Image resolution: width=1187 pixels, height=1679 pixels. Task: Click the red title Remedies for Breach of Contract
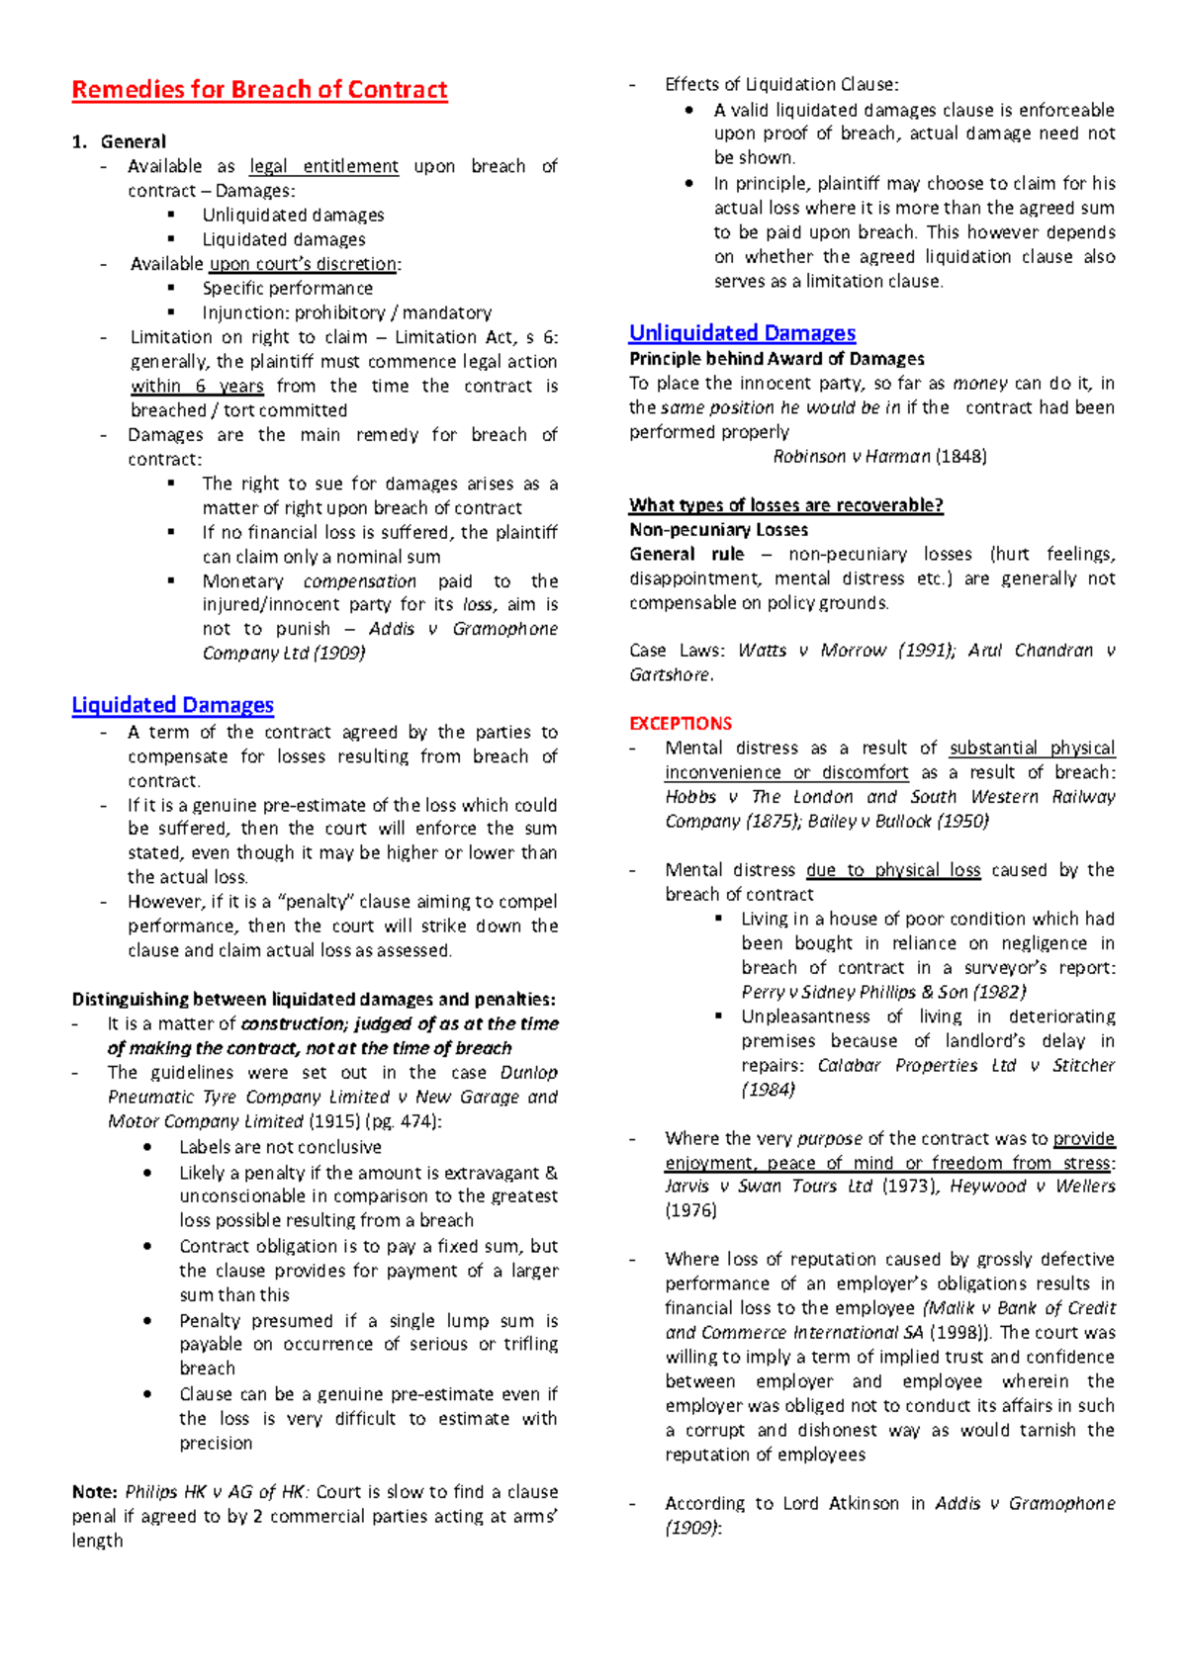[x=259, y=90]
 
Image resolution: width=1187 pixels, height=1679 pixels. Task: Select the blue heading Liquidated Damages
[x=172, y=705]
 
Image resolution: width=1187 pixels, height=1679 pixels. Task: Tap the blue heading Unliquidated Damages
[x=742, y=333]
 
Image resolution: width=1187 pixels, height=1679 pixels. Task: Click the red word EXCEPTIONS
[x=681, y=724]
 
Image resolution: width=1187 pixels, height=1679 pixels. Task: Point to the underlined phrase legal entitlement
[x=323, y=166]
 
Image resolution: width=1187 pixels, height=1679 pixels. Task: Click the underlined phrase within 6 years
[x=197, y=387]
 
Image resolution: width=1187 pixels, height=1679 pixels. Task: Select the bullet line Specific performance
[x=287, y=289]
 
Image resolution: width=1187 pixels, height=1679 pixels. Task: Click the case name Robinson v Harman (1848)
[x=879, y=457]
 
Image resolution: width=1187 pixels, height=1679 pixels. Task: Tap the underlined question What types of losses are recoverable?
[x=785, y=506]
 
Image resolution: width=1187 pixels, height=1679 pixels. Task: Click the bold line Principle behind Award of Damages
[x=776, y=359]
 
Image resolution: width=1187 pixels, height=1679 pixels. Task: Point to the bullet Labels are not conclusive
[x=280, y=1147]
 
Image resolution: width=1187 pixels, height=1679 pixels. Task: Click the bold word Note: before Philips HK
[x=95, y=1492]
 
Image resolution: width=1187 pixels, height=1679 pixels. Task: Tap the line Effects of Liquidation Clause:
[x=781, y=85]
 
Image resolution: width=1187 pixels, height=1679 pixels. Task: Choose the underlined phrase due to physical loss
[x=893, y=870]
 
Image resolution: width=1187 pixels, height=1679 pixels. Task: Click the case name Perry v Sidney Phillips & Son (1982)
[x=883, y=992]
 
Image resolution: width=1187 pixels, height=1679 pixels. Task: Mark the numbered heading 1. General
[x=119, y=141]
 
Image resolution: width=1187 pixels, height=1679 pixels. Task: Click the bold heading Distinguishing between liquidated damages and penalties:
[x=314, y=1000]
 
